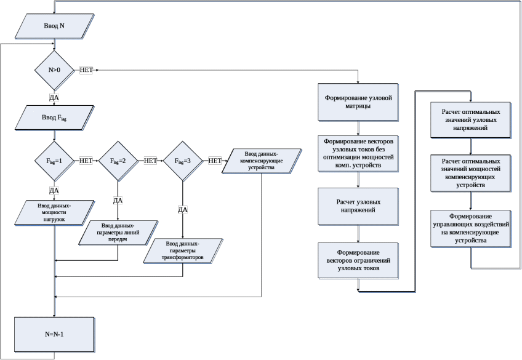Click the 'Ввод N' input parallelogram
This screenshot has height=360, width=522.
pyautogui.click(x=54, y=27)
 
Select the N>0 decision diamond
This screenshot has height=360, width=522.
pyautogui.click(x=54, y=70)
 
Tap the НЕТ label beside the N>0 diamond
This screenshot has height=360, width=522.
pyautogui.click(x=86, y=70)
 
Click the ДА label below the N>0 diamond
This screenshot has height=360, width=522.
pyautogui.click(x=54, y=97)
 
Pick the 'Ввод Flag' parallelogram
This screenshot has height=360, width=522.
pyautogui.click(x=54, y=117)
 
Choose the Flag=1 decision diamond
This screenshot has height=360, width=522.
pyautogui.click(x=54, y=161)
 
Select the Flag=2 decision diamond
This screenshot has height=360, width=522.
pyautogui.click(x=118, y=161)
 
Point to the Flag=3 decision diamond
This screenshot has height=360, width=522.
pyautogui.click(x=183, y=161)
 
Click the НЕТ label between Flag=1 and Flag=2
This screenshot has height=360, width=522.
pyautogui.click(x=86, y=161)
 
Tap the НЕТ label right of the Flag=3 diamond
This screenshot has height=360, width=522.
pyautogui.click(x=215, y=161)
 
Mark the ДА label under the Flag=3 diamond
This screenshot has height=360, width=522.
pyautogui.click(x=183, y=210)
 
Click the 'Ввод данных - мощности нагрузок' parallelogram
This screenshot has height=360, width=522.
pyautogui.click(x=55, y=212)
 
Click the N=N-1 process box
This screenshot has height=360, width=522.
pyautogui.click(x=54, y=334)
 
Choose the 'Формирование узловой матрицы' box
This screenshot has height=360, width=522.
pyautogui.click(x=358, y=102)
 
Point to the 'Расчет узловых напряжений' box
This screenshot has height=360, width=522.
pyautogui.click(x=358, y=206)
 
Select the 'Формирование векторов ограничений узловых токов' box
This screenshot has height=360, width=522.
pyautogui.click(x=358, y=261)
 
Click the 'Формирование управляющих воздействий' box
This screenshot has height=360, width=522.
pyautogui.click(x=471, y=229)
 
